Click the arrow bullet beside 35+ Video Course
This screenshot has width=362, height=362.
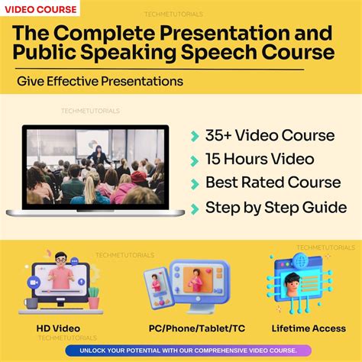tap(194, 136)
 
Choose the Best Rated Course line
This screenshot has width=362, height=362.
tap(273, 183)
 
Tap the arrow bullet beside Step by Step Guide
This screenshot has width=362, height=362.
tap(194, 208)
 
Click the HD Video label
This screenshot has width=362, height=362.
tap(59, 328)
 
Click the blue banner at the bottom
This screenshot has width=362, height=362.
tap(180, 351)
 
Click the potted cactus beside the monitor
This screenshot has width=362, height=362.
tap(93, 297)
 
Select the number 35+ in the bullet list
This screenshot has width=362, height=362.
tap(218, 136)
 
